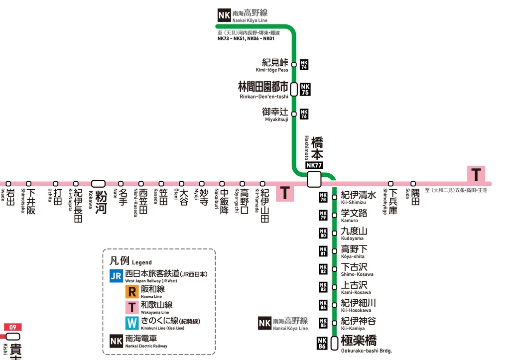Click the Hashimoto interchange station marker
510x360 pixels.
pyautogui.click(x=314, y=179)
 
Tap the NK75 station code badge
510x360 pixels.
pyautogui.click(x=305, y=89)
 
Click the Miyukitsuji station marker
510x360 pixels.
pyautogui.click(x=294, y=114)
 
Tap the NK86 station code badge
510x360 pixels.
pyautogui.click(x=323, y=343)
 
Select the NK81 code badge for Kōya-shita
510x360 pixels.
pyautogui.click(x=323, y=251)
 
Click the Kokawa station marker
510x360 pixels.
pyautogui.click(x=98, y=184)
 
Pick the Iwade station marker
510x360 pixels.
pyautogui.click(x=8, y=184)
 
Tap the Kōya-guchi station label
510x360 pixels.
pyautogui.click(x=245, y=201)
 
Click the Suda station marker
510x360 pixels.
pyautogui.click(x=413, y=184)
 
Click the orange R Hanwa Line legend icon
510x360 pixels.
pyautogui.click(x=131, y=292)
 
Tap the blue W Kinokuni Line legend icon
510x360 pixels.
pyautogui.click(x=131, y=323)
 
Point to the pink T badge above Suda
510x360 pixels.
pyautogui.click(x=476, y=175)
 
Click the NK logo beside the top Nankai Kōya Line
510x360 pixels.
pyautogui.click(x=224, y=15)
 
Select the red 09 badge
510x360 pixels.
pyautogui.click(x=13, y=327)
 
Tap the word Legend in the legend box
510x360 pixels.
pyautogui.click(x=142, y=262)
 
